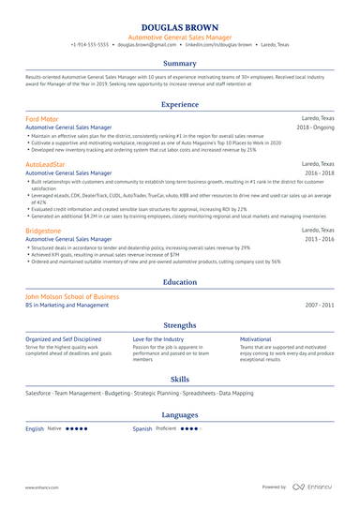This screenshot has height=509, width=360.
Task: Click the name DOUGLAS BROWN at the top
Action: coord(179,30)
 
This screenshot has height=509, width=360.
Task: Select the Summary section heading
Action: coord(179,64)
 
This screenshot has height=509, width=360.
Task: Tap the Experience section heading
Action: coord(179,105)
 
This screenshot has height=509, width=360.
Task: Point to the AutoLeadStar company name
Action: coord(46,164)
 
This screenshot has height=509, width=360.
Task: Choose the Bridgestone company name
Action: coord(44,229)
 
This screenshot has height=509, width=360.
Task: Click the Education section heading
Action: coord(179,281)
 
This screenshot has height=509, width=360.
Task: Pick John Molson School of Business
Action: coord(72,296)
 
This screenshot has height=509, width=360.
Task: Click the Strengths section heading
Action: coord(179,324)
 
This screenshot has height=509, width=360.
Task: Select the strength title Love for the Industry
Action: coord(158,338)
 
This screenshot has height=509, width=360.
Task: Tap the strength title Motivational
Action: coord(255,338)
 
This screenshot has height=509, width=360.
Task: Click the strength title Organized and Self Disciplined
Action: coord(64,338)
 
